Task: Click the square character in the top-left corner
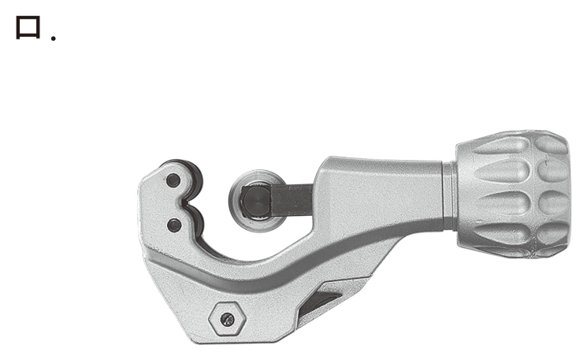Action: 28,28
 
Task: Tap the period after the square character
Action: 54,38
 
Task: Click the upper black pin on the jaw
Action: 173,180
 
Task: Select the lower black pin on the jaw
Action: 174,225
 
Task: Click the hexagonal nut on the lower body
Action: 227,319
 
